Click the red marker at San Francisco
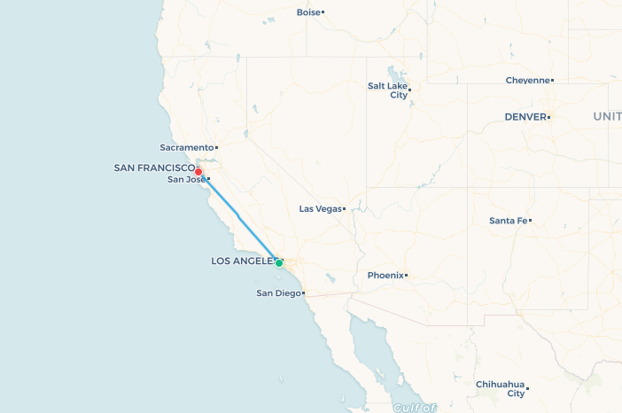198,172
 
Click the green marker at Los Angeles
279,263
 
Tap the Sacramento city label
187,147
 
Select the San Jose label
186,180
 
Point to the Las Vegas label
320,209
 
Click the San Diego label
277,293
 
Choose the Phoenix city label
385,276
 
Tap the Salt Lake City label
387,90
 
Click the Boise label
307,12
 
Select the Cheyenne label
527,81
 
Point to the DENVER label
525,117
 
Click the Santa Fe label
508,221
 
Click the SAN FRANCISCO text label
154,168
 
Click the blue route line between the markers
239,218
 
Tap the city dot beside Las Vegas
344,209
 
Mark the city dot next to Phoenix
406,276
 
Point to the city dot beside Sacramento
216,147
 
